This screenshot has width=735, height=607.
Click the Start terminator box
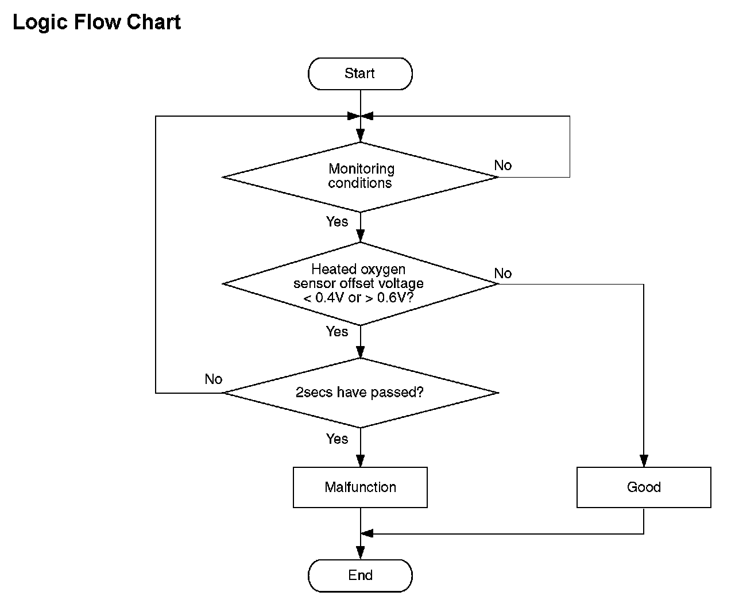360,74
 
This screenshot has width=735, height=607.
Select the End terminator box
360,575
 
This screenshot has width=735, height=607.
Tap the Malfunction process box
360,487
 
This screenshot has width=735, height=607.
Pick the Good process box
644,487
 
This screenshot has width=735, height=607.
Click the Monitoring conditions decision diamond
360,177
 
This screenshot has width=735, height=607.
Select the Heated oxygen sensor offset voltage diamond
360,284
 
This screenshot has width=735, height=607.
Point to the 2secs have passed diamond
360,393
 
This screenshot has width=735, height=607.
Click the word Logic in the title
40,23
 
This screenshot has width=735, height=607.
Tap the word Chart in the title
153,22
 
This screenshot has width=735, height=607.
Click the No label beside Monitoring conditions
502,166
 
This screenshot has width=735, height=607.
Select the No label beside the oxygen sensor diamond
502,273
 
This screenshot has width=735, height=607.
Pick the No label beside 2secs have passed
213,379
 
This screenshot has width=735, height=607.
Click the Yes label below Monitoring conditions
337,222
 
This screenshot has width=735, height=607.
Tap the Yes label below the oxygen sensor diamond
337,332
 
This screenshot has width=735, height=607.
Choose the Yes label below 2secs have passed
337,439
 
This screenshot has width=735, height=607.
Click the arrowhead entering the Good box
644,461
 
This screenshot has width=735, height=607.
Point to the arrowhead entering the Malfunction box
360,461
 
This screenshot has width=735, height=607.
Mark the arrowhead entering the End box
360,553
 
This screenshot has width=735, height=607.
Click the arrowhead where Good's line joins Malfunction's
367,533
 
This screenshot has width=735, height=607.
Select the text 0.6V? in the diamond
395,298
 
